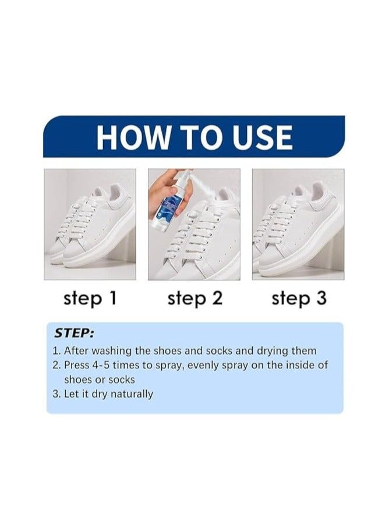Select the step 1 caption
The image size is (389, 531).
90,299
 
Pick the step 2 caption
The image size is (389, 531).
194,299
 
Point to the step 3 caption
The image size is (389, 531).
299,299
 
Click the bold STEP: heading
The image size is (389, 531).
74,334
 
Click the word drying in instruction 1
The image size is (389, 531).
273,351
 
